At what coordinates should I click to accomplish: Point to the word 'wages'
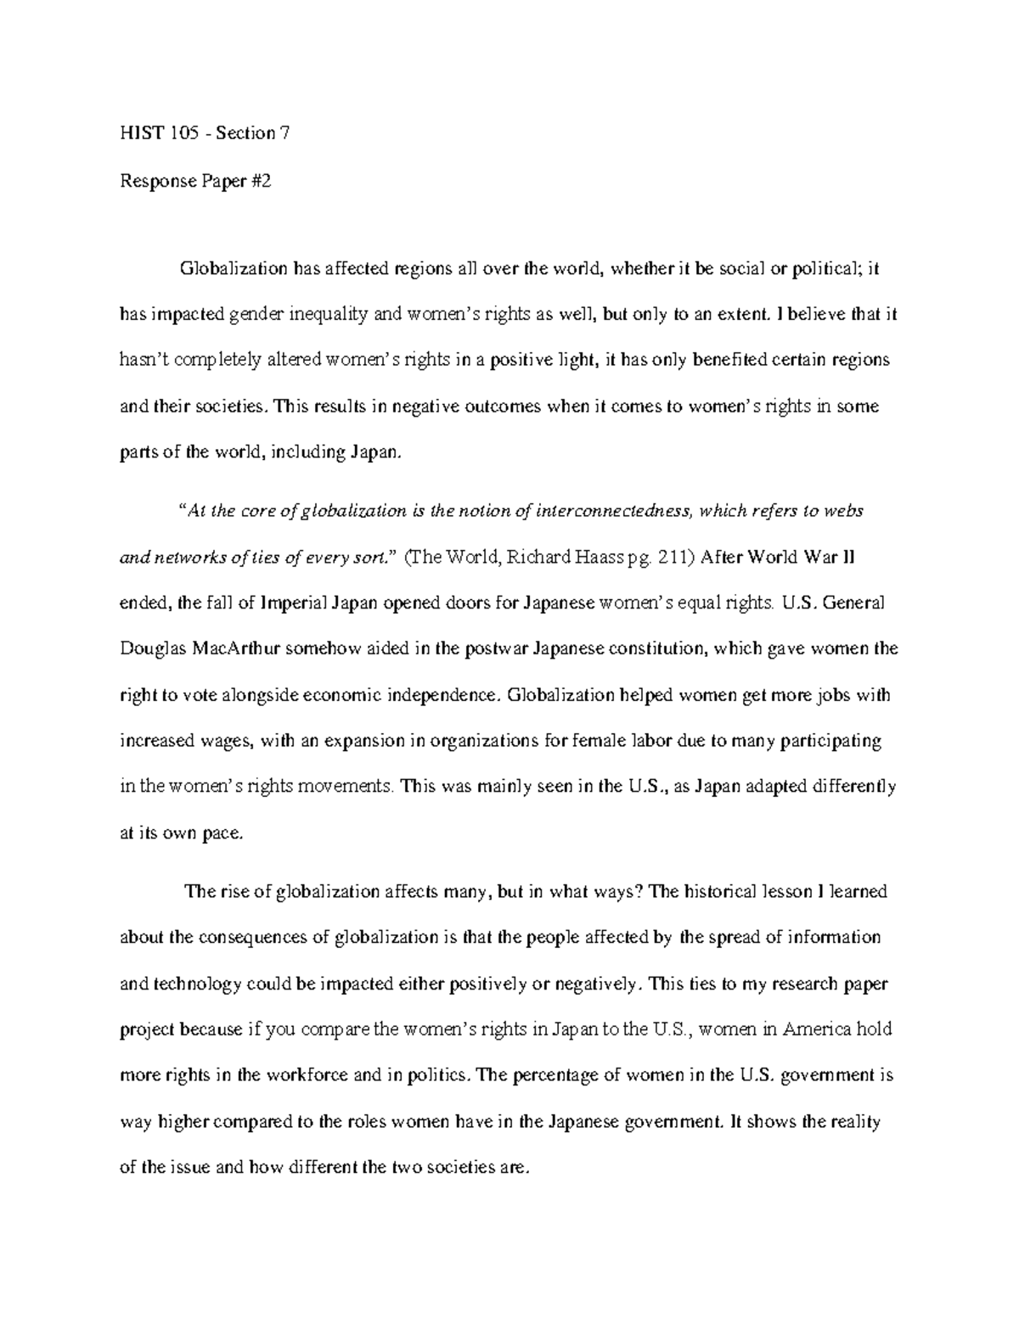coord(222,742)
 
